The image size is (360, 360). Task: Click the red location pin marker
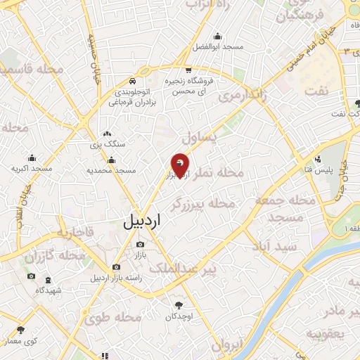(x=181, y=165)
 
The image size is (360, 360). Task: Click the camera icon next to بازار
(x=139, y=245)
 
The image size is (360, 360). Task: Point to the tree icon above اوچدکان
(x=177, y=305)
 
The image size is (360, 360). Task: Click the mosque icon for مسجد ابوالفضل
(x=217, y=37)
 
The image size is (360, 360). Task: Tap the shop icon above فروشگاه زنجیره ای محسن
(x=188, y=70)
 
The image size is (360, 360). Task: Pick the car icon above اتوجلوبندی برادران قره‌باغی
(x=133, y=81)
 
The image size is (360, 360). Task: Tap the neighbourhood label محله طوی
(x=112, y=317)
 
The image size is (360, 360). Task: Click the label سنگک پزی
(x=106, y=144)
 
